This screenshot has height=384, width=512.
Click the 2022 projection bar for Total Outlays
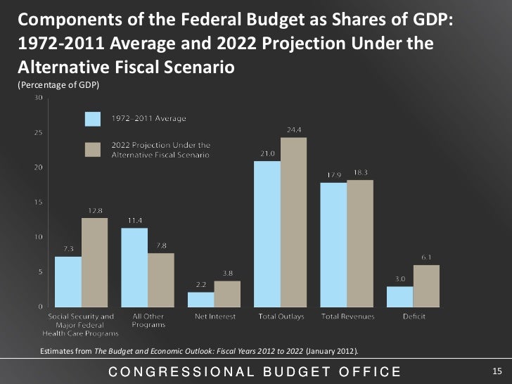[293, 222]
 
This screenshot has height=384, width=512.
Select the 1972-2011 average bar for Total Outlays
[267, 233]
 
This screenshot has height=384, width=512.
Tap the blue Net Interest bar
[200, 299]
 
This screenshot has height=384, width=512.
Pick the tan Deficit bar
[426, 286]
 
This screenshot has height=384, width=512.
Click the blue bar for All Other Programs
[134, 267]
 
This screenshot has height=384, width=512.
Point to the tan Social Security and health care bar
[95, 262]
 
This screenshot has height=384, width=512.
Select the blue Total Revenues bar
[333, 244]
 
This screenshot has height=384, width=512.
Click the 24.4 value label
[295, 130]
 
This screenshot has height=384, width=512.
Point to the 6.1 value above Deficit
[426, 257]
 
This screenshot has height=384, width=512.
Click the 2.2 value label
[200, 285]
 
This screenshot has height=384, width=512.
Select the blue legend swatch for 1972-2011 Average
[94, 118]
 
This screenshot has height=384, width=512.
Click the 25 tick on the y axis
[35, 132]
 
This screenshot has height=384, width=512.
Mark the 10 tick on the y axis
[35, 237]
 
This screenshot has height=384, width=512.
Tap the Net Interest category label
[215, 317]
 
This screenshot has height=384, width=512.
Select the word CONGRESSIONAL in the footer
[175, 371]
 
